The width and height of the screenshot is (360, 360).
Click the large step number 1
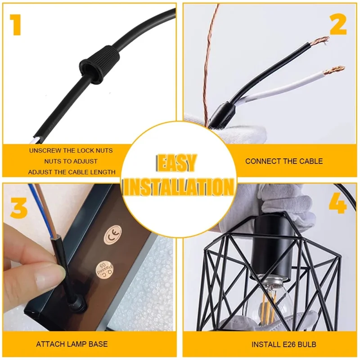click(16, 25)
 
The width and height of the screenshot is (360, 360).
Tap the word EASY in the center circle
click(176, 163)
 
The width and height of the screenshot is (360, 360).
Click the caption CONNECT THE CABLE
click(284, 161)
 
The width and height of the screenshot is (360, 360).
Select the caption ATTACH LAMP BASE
click(72, 344)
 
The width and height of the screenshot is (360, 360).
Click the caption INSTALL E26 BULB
click(284, 344)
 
